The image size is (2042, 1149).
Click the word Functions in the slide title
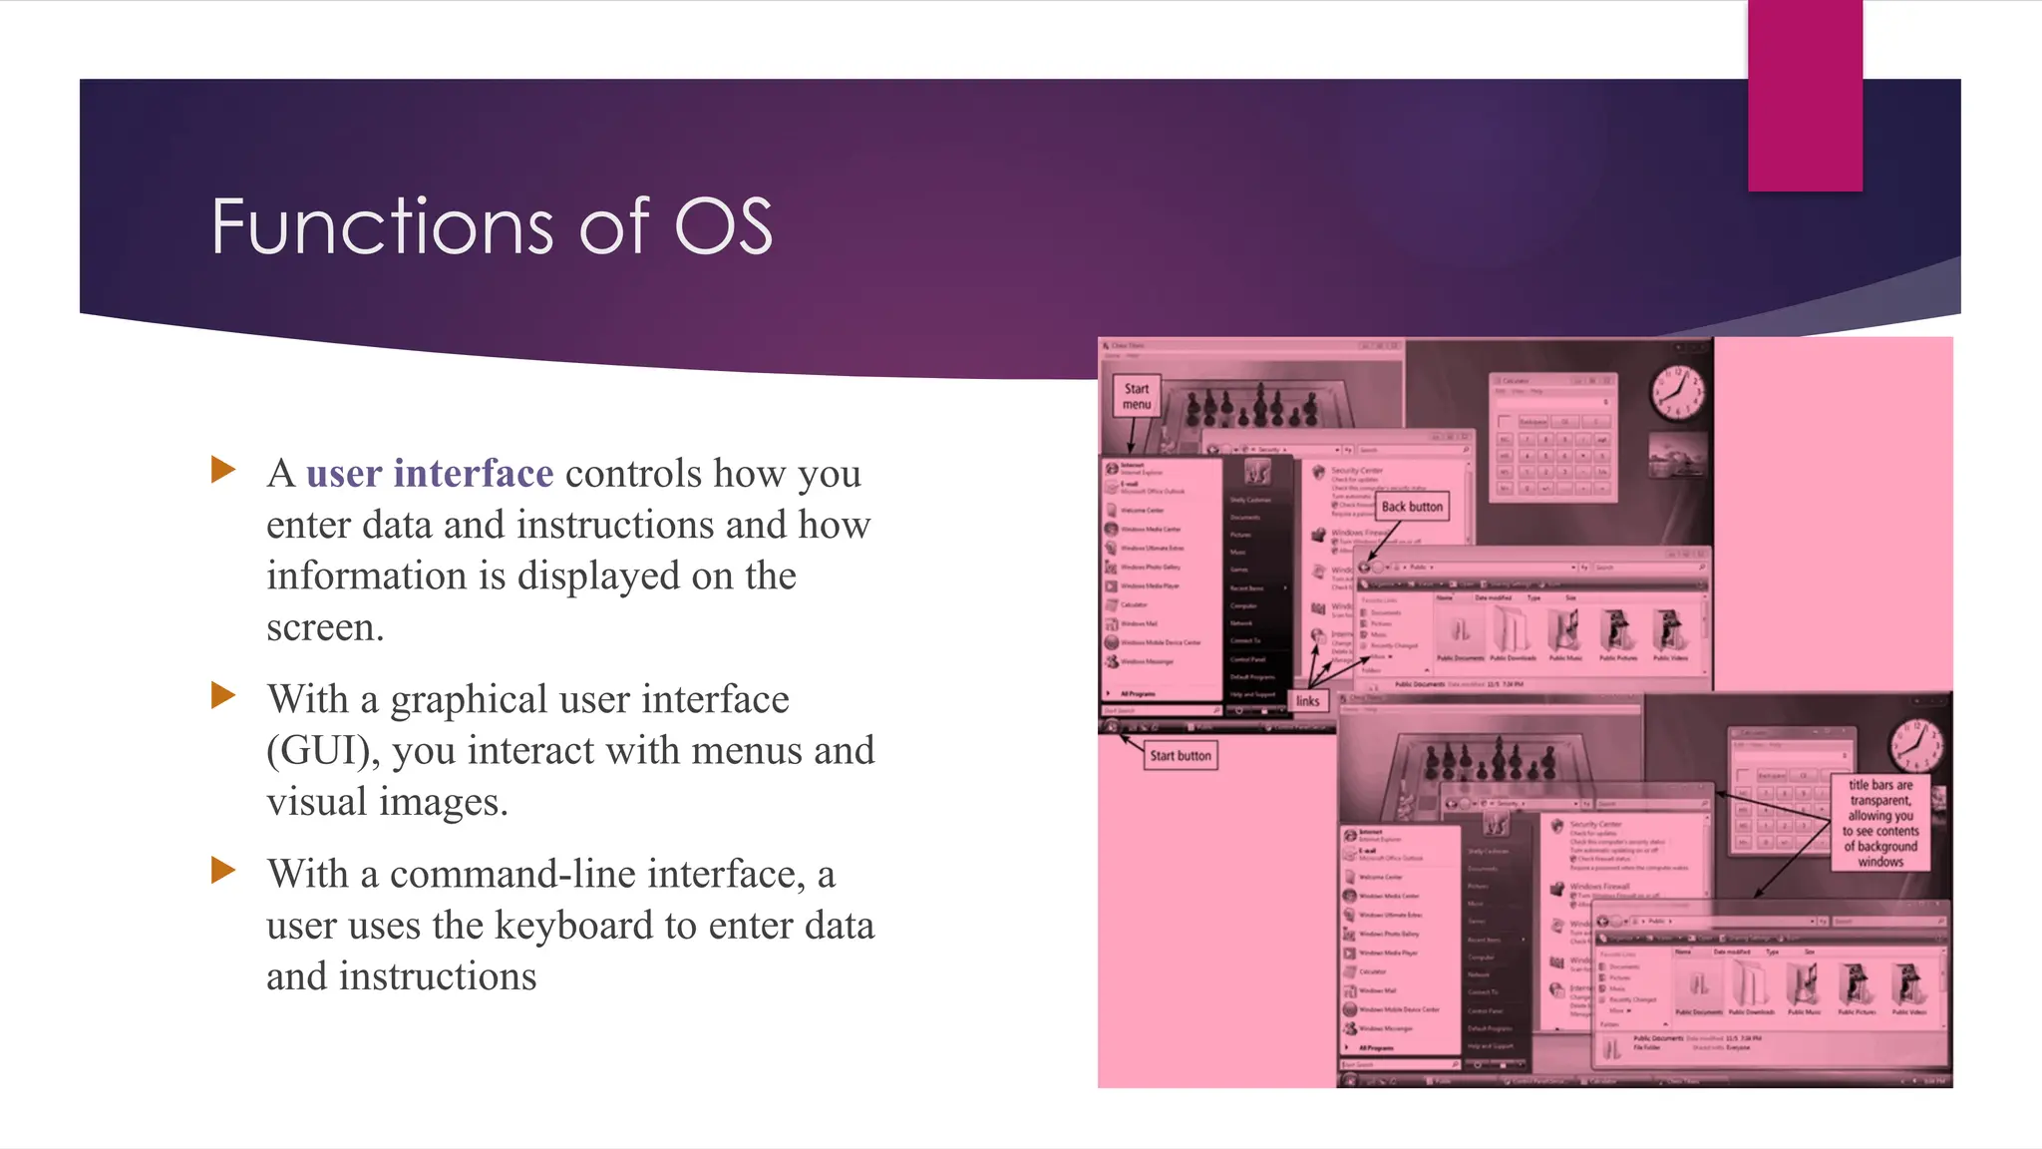[x=381, y=226]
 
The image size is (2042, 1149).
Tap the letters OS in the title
[x=724, y=226]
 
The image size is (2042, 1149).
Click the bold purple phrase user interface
[x=430, y=474]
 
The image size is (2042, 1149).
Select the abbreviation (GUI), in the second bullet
[x=323, y=751]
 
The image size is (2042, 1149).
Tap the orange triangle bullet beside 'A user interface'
[x=223, y=470]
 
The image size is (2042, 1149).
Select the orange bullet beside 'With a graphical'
[x=223, y=695]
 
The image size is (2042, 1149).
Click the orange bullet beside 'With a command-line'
[x=223, y=870]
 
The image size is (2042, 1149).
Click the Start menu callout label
[x=1137, y=396]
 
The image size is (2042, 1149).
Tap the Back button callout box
[x=1412, y=507]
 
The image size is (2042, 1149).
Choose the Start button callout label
[x=1181, y=756]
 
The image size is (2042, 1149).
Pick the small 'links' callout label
[x=1307, y=701]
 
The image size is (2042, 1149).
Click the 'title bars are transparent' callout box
[x=1880, y=823]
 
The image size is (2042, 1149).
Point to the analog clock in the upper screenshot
[x=1677, y=393]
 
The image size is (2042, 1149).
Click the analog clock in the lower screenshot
[x=1914, y=746]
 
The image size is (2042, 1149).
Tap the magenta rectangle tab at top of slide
[x=1805, y=95]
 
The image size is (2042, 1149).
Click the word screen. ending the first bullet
[x=325, y=628]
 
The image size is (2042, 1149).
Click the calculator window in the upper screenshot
[x=1552, y=436]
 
